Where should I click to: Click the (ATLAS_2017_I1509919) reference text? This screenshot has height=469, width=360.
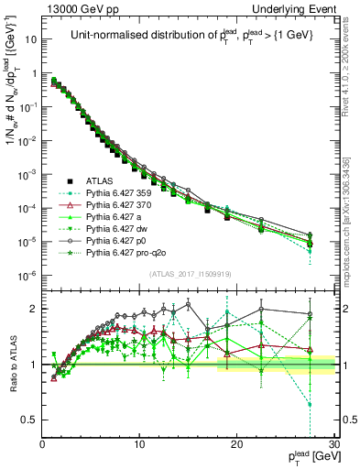coord(188,272)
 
